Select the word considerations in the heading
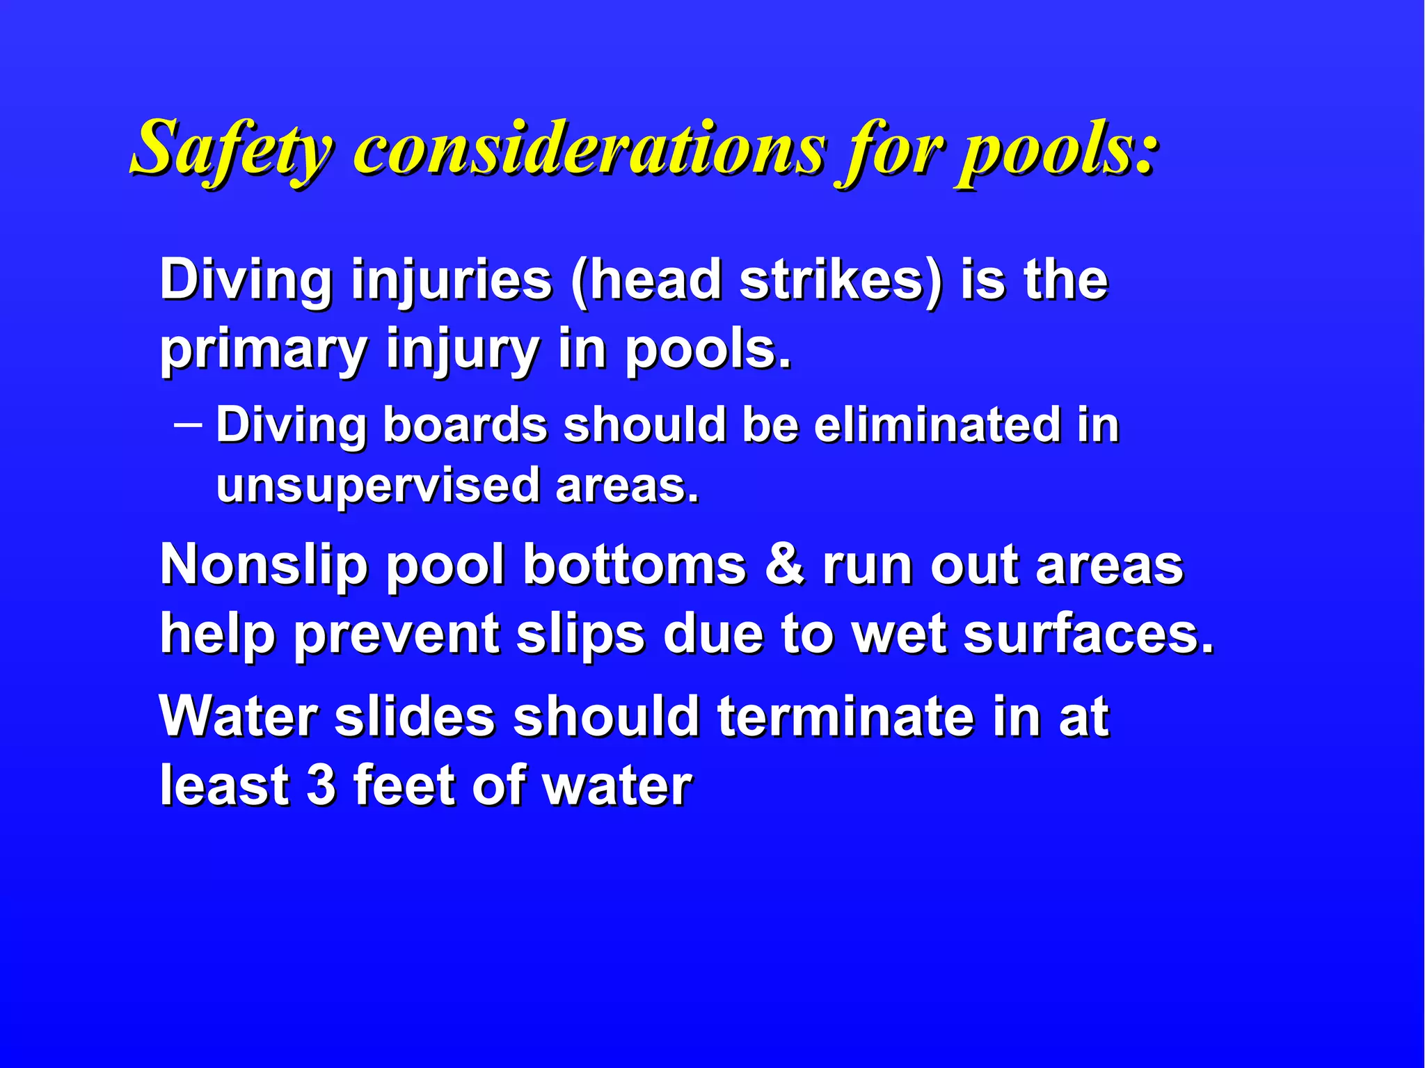point(591,149)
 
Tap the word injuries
point(452,280)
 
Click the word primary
point(264,350)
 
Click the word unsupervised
point(378,485)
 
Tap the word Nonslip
point(264,564)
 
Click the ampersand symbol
point(784,564)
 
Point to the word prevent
point(396,635)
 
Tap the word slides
point(415,716)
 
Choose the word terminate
point(845,716)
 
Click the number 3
point(321,785)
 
